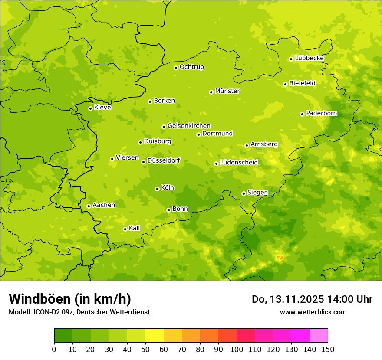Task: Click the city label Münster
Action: click(x=227, y=91)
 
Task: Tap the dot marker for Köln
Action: click(x=157, y=189)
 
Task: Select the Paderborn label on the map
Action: click(x=321, y=113)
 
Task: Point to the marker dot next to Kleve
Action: click(x=90, y=108)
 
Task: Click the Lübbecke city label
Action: click(x=309, y=58)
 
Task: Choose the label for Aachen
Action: click(x=104, y=205)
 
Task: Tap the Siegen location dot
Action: click(x=244, y=193)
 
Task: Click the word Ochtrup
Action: click(x=192, y=67)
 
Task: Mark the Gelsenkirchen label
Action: click(x=189, y=126)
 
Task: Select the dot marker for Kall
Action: click(x=125, y=229)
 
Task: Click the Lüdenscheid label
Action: click(x=239, y=163)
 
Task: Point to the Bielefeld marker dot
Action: click(x=285, y=84)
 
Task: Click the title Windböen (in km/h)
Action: click(x=70, y=299)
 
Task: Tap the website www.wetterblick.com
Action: click(x=313, y=312)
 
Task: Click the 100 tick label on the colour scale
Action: click(x=237, y=349)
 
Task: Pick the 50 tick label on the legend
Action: click(x=145, y=349)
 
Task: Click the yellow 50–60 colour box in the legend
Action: click(x=155, y=336)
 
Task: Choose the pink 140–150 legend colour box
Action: click(x=319, y=336)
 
